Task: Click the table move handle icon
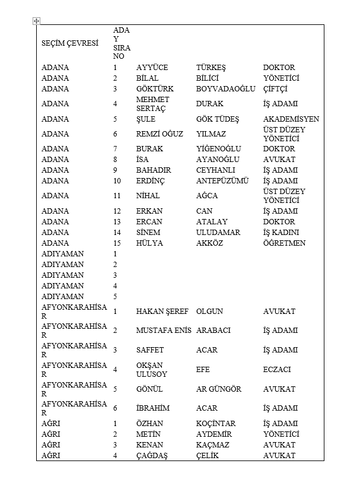click(x=37, y=21)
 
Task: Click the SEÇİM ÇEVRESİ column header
click(x=69, y=43)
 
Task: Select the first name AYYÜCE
click(x=152, y=68)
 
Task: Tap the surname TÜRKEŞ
click(x=211, y=68)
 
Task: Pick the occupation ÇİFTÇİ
click(x=275, y=89)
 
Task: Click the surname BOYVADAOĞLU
click(x=225, y=89)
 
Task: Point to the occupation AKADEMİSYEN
click(x=291, y=119)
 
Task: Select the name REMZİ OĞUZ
click(x=160, y=134)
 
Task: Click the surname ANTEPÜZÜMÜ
click(x=222, y=181)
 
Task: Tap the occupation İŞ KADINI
click(x=281, y=233)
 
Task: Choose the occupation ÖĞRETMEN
click(x=284, y=243)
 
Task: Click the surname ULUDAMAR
click(x=218, y=233)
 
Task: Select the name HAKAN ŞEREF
click(x=162, y=312)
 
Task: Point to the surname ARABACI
click(x=214, y=331)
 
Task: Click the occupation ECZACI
click(x=277, y=370)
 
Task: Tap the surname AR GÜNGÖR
click(x=219, y=389)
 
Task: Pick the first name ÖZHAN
click(x=149, y=424)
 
